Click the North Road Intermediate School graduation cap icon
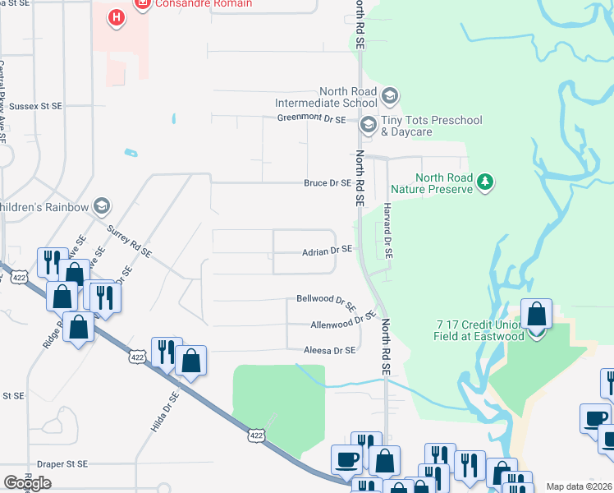(389, 97)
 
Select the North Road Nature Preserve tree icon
(485, 182)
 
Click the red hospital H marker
(117, 16)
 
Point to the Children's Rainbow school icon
(102, 205)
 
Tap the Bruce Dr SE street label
(328, 183)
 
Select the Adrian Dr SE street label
(327, 250)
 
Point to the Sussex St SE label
(34, 107)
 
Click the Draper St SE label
(60, 464)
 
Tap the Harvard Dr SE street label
(387, 233)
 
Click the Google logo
(27, 483)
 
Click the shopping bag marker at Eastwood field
(536, 315)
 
